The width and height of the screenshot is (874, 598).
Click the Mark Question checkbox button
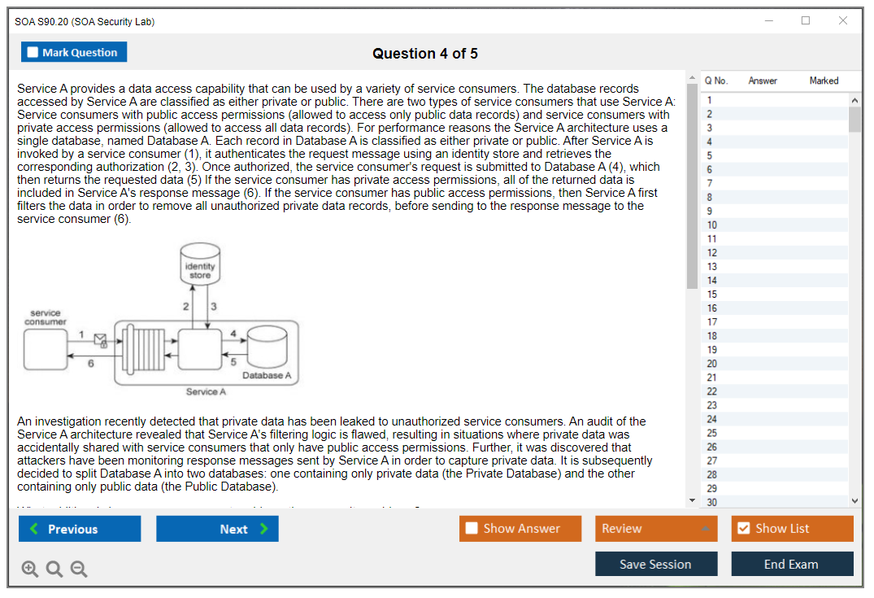[x=74, y=52]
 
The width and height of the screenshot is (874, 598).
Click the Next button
[x=217, y=529]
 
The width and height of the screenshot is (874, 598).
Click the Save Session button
[x=655, y=564]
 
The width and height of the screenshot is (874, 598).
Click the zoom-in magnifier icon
[x=30, y=570]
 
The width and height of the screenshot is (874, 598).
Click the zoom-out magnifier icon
[x=79, y=570]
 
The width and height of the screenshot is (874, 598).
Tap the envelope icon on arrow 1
[x=101, y=339]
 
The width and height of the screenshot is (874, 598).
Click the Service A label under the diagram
[x=202, y=392]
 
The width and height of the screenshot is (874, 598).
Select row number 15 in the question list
[x=712, y=295]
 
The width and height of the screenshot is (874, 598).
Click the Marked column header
[x=824, y=81]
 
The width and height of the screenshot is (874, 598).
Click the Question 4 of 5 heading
[x=425, y=54]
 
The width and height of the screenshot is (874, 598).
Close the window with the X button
[x=843, y=21]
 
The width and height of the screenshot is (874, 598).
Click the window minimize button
[x=769, y=21]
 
